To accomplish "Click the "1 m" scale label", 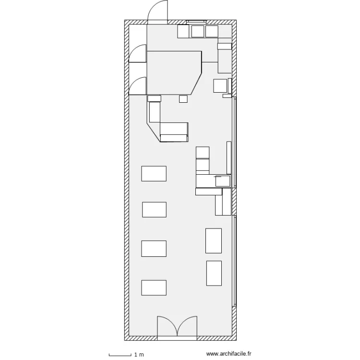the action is click(139, 355).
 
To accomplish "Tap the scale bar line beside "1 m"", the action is click(120, 356).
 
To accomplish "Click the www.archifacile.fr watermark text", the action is click(228, 354).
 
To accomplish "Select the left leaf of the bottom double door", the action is click(167, 326).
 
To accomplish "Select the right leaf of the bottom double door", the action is click(187, 326).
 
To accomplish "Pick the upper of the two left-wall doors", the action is click(138, 53).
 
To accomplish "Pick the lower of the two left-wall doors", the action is click(138, 86).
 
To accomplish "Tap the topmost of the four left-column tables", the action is click(154, 174).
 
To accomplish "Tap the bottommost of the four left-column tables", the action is click(154, 288).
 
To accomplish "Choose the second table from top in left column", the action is click(154, 210).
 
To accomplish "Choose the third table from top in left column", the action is click(154, 249).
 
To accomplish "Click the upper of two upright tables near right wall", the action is click(214, 241).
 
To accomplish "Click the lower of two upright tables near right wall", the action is click(214, 273).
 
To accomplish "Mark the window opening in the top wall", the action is click(196, 22).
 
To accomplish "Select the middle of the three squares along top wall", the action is click(198, 32).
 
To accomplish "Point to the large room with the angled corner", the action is click(174, 73).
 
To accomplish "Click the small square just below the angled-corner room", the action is click(183, 99).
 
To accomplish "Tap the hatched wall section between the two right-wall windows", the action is click(234, 202).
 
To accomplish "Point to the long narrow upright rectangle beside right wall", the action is click(229, 158).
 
